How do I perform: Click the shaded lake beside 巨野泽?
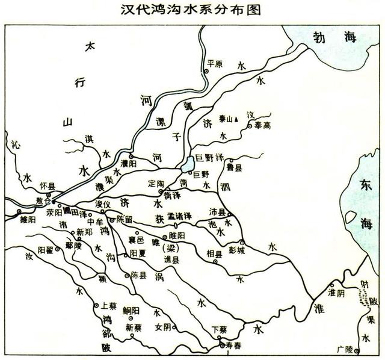pos(187,164)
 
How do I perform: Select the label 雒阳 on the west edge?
pos(28,220)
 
